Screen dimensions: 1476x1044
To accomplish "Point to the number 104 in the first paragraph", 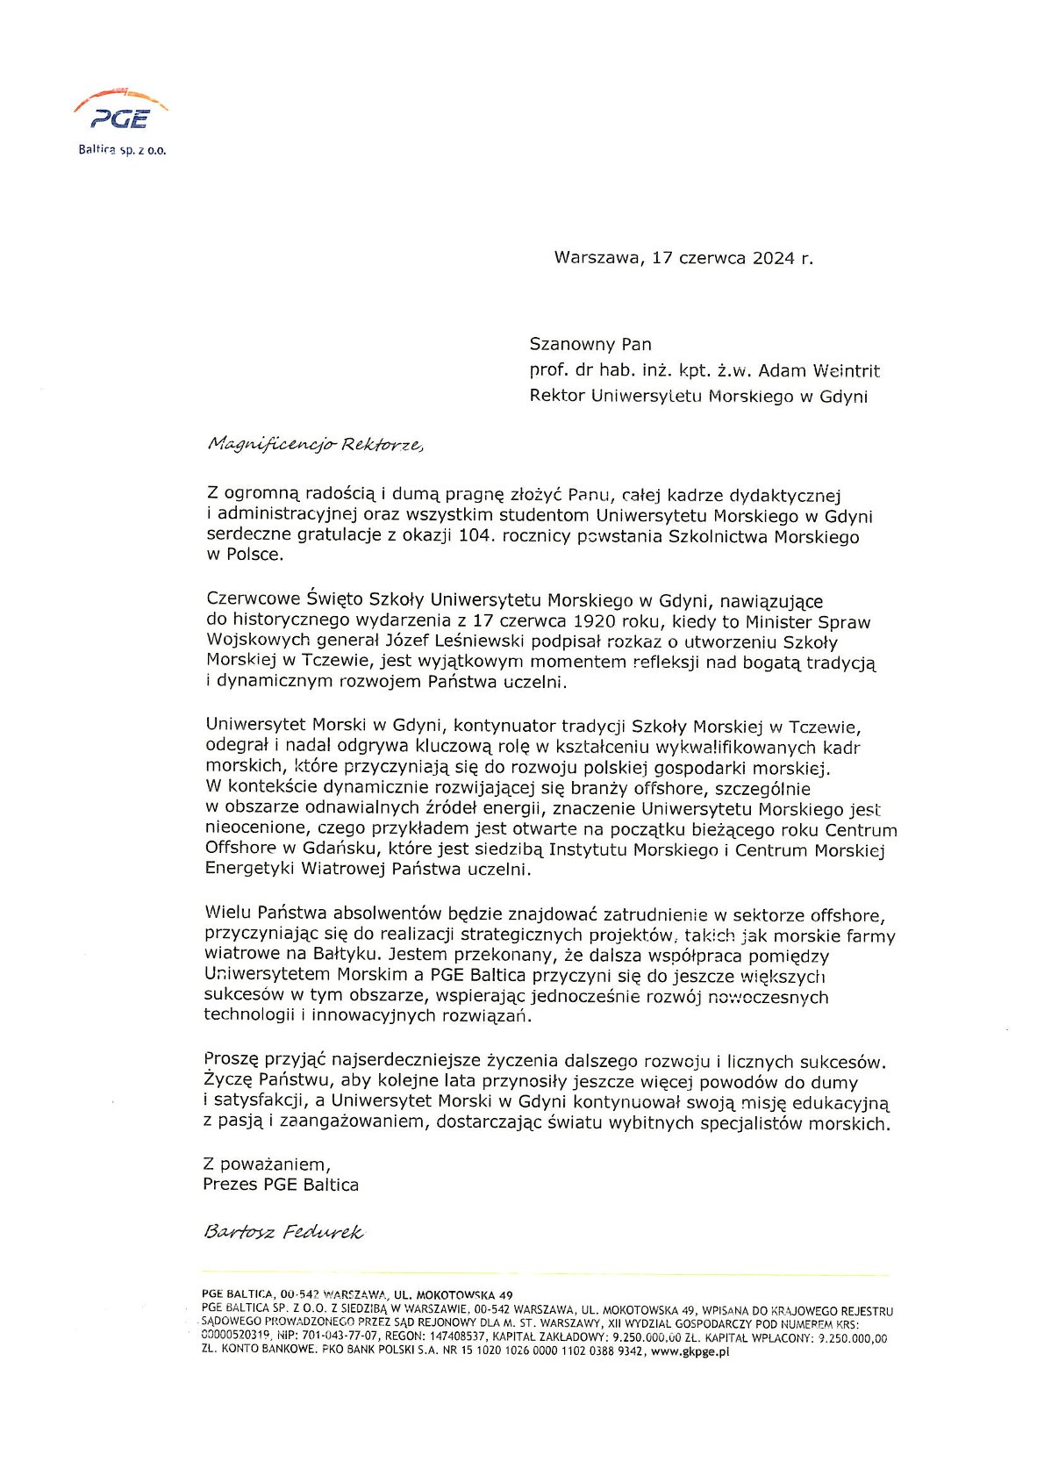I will coord(473,536).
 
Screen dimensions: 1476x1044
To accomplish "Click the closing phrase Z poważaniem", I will coord(266,1164).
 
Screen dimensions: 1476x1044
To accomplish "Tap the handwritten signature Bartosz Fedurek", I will coord(282,1232).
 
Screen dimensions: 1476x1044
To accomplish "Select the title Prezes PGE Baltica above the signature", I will coord(281,1185).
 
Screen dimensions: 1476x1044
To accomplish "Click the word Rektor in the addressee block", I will coord(556,396).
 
